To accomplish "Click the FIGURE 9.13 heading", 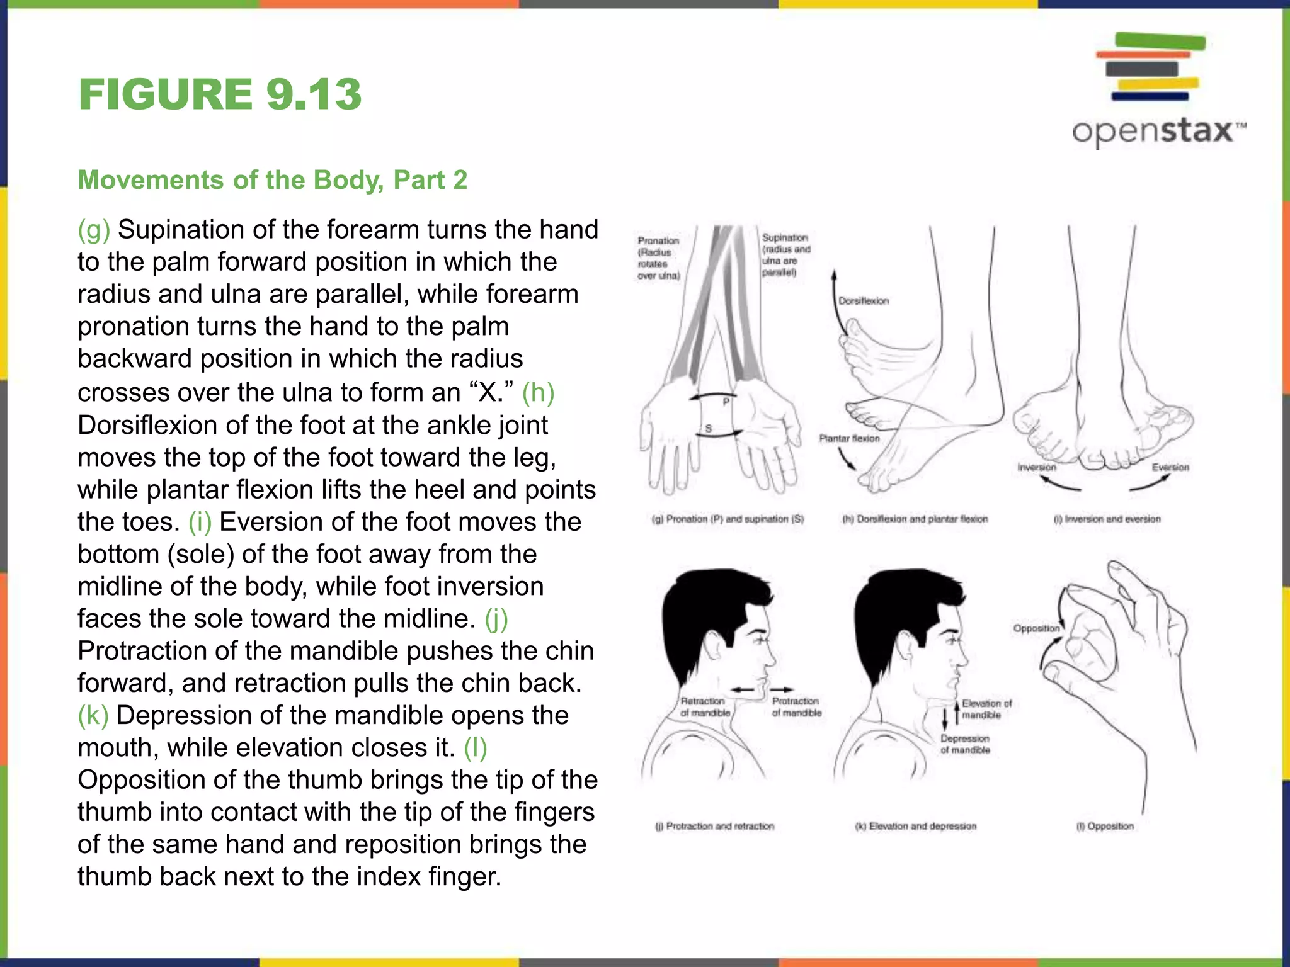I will (x=220, y=94).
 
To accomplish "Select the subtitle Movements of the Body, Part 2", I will (x=272, y=180).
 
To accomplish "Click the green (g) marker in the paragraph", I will (x=94, y=230).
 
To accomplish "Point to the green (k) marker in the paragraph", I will (x=93, y=716).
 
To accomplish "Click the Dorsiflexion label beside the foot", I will (x=864, y=301).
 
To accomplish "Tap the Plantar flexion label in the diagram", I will (x=849, y=438).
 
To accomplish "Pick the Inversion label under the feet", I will (x=1037, y=467).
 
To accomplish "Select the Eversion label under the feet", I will (x=1170, y=467).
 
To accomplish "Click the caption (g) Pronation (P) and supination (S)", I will (x=728, y=519).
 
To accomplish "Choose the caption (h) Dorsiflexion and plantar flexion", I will (x=915, y=519).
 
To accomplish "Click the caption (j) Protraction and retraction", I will (x=715, y=826).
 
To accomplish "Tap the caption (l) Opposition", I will (x=1105, y=826).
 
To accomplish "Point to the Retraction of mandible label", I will (x=705, y=707).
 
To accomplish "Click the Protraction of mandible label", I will (x=797, y=707).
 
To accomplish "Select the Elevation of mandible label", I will (x=986, y=709).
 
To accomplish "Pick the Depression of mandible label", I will (x=965, y=744).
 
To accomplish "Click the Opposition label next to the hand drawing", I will (x=1036, y=628).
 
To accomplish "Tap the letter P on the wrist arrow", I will (x=726, y=402).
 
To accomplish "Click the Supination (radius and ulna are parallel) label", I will (x=785, y=255).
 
